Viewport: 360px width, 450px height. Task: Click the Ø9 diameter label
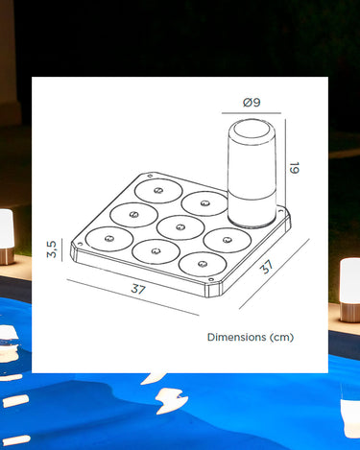point(252,103)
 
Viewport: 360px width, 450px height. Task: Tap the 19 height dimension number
point(294,168)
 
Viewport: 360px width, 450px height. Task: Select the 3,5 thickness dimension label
point(52,249)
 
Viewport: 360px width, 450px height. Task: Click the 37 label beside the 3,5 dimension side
point(138,289)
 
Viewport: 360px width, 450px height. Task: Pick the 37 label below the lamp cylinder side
point(267,267)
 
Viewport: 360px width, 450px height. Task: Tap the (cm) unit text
point(281,338)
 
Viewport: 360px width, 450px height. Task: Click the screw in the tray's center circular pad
point(180,227)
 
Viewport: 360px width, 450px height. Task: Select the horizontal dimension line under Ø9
point(252,113)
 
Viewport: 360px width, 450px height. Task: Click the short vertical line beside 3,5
point(61,249)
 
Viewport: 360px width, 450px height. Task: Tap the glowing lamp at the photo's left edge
point(6,237)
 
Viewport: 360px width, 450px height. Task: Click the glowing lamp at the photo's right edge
point(350,290)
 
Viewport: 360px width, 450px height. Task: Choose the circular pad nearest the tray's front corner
point(203,265)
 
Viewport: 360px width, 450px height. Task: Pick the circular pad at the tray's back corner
point(158,191)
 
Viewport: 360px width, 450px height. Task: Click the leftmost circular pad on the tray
point(109,239)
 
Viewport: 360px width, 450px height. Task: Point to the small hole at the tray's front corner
point(210,280)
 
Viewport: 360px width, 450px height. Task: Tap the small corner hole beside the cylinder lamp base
point(281,211)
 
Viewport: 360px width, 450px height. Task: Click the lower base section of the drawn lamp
point(252,210)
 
